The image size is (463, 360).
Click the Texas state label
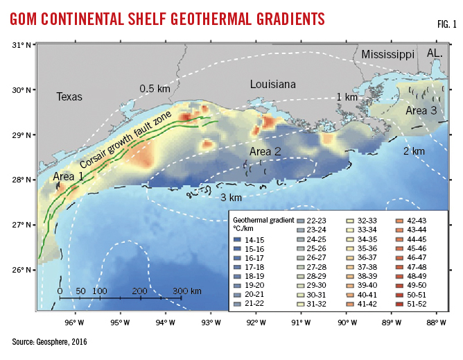pyautogui.click(x=69, y=97)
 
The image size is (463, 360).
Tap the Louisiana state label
pyautogui.click(x=273, y=85)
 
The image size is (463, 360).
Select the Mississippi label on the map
pyautogui.click(x=387, y=53)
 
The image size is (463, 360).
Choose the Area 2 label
pyautogui.click(x=265, y=151)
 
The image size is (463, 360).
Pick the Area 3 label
pyautogui.click(x=421, y=110)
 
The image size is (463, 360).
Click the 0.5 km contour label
pyautogui.click(x=156, y=89)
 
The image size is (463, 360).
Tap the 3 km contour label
pyautogui.click(x=231, y=198)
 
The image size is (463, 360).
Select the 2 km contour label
pyautogui.click(x=414, y=151)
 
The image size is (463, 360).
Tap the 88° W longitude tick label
pyautogui.click(x=435, y=322)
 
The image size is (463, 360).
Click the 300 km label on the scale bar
pyautogui.click(x=187, y=290)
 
